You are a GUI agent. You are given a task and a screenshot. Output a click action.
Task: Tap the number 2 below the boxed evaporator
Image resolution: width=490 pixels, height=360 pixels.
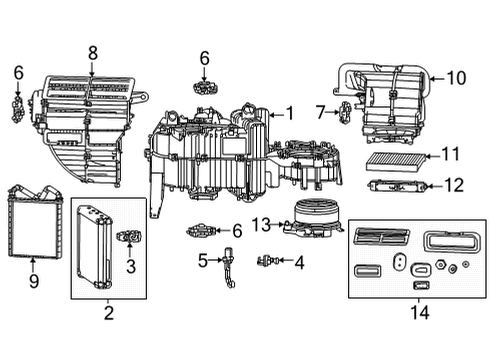point(108,313)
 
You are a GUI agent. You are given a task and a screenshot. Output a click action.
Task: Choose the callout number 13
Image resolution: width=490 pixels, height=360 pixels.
point(258,224)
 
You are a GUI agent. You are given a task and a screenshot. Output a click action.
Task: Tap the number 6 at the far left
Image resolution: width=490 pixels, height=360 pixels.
point(18,72)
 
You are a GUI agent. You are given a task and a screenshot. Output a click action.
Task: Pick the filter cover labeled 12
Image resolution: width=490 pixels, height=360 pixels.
point(397,186)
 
